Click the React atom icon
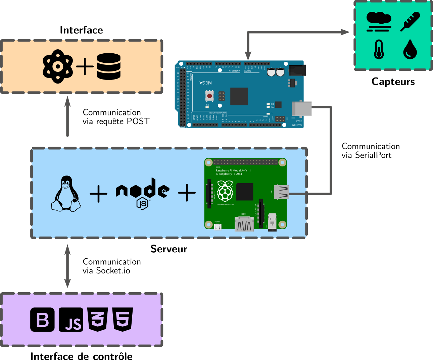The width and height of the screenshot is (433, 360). [x=58, y=66]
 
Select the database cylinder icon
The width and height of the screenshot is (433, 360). [x=108, y=66]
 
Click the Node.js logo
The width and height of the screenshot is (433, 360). [x=142, y=193]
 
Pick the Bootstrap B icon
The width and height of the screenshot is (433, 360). [x=42, y=319]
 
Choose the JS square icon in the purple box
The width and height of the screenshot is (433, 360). [x=71, y=319]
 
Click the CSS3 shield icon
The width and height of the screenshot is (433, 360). [x=98, y=319]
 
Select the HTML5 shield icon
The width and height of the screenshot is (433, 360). [x=123, y=319]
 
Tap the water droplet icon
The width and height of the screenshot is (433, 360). [x=410, y=49]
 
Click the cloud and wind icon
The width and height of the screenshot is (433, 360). [x=379, y=21]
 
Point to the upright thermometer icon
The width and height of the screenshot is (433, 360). [x=379, y=49]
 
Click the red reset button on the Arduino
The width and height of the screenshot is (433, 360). [x=209, y=96]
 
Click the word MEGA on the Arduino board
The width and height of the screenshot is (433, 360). [x=205, y=83]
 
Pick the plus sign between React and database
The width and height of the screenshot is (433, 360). [x=85, y=66]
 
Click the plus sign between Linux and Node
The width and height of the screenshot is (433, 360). [x=99, y=194]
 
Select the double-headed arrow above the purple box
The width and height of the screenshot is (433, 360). [x=67, y=266]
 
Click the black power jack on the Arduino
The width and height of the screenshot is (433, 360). [x=297, y=70]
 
